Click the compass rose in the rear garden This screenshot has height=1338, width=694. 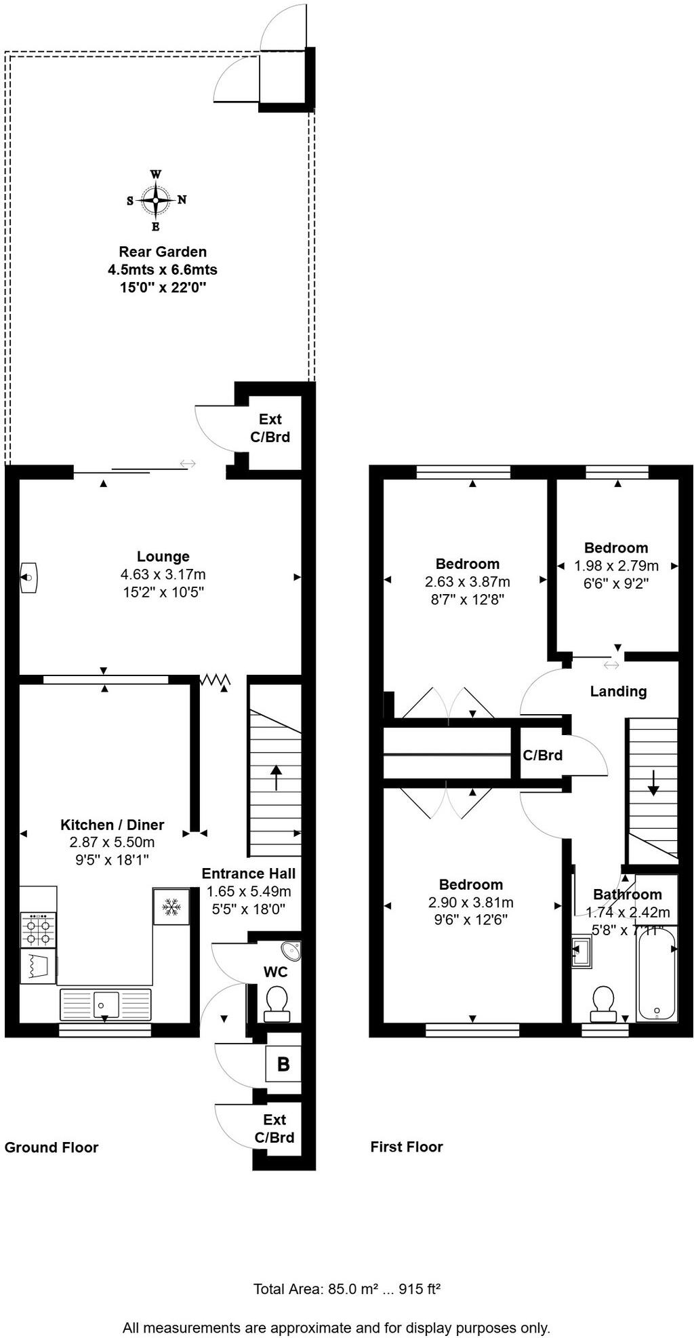tap(156, 200)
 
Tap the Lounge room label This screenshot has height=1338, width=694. tap(163, 557)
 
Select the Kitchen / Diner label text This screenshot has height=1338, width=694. tap(113, 825)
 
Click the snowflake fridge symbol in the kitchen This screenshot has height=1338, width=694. tap(171, 907)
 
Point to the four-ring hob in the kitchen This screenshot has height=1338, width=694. tap(37, 930)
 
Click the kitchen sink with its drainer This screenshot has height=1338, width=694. tap(106, 1004)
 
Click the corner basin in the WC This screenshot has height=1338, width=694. tap(293, 951)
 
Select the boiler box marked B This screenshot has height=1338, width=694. tap(283, 1064)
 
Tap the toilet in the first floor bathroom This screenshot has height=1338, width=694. tap(603, 1004)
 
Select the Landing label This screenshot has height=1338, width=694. tap(618, 692)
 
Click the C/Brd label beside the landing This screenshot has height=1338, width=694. tap(542, 755)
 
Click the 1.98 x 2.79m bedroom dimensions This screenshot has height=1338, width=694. tap(616, 566)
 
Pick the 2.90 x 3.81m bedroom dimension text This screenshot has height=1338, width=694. tap(470, 903)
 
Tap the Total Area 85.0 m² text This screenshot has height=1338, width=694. tap(347, 1288)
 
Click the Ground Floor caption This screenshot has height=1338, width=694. tap(52, 1147)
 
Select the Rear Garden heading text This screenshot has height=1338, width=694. tap(163, 252)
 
